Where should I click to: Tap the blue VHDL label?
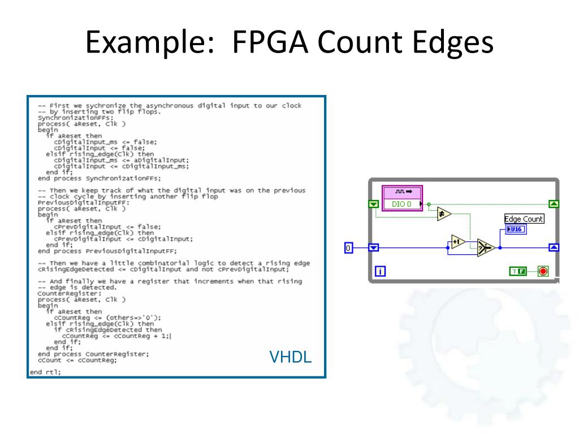(290, 357)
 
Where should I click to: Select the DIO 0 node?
(402, 204)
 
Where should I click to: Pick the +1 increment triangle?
(457, 241)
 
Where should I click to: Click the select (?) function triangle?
(485, 248)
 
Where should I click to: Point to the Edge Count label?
(524, 219)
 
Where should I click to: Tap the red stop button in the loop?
(543, 271)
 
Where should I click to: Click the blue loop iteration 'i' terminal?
(380, 271)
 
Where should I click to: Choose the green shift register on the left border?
(373, 204)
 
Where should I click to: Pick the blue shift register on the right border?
(554, 248)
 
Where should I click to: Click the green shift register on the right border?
(554, 204)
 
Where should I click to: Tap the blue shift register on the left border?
(373, 248)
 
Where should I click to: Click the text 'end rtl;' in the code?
(45, 371)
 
